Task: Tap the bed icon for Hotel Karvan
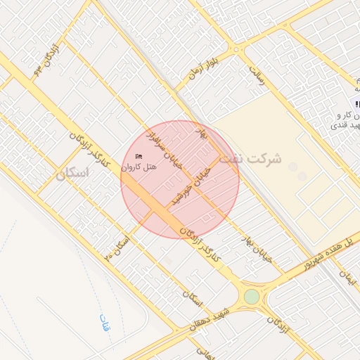(138, 155)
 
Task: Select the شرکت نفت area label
(250, 159)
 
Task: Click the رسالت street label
(258, 76)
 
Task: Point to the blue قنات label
(105, 324)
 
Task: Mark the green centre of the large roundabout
(251, 297)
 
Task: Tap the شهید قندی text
(345, 124)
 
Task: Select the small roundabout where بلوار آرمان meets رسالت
(238, 50)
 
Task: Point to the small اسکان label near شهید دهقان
(192, 298)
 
